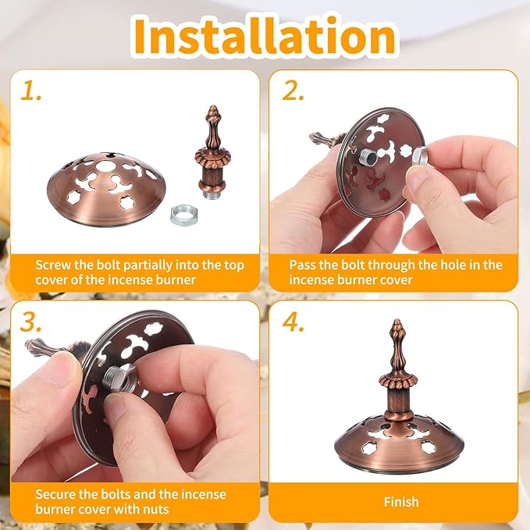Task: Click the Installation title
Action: [265, 36]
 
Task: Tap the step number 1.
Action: [30, 91]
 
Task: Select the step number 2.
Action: [293, 91]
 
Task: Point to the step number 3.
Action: [30, 322]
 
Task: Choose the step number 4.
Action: [293, 322]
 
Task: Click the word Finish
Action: [401, 502]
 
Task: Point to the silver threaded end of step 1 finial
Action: [212, 196]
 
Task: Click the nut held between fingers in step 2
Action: [420, 156]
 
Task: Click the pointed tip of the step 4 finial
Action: [397, 320]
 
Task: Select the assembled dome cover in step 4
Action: [399, 443]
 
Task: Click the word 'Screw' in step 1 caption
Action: [53, 265]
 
